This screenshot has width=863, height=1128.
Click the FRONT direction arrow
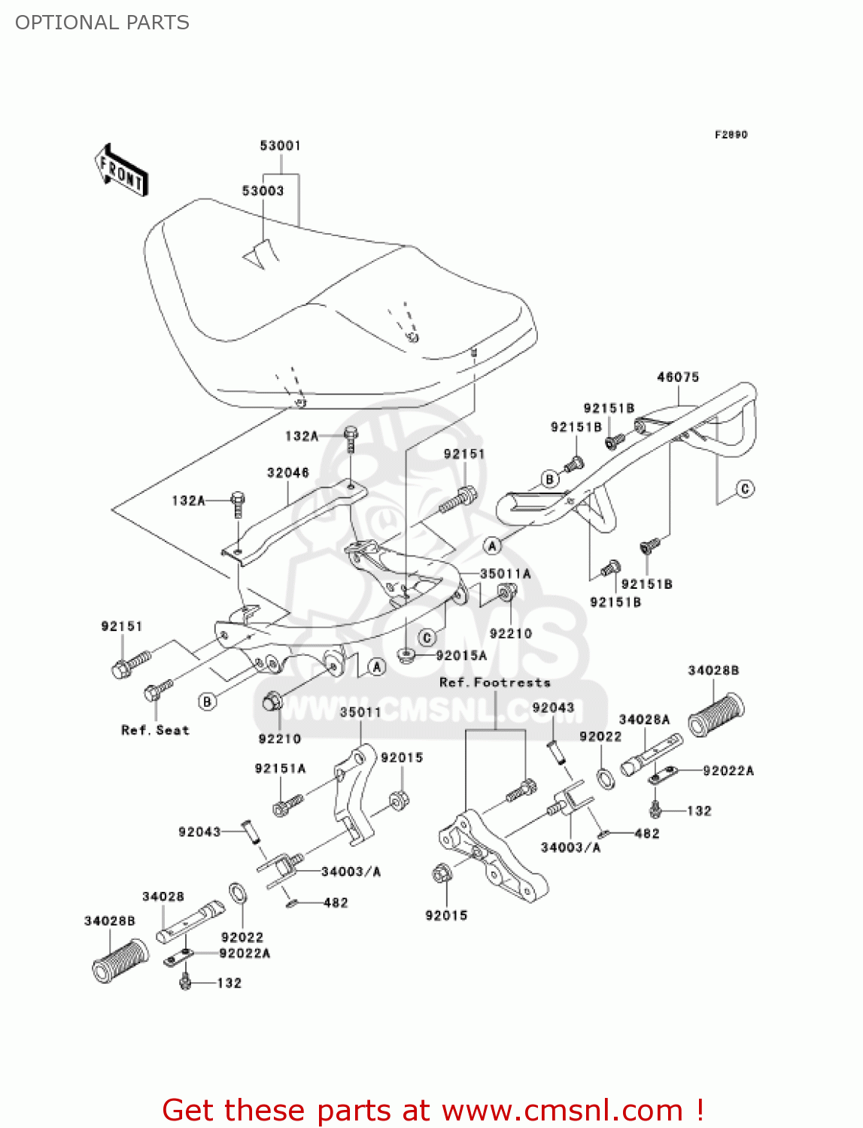click(120, 171)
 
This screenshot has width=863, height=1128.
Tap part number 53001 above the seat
click(280, 146)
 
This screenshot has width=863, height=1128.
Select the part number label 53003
click(263, 191)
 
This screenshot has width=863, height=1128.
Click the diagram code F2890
click(731, 135)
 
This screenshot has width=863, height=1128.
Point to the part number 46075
click(678, 377)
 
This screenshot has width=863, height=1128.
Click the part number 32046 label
click(287, 473)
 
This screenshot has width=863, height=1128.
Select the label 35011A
click(505, 574)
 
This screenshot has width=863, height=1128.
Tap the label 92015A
click(461, 656)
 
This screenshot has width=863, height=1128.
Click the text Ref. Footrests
click(494, 683)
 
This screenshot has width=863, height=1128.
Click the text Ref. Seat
click(155, 730)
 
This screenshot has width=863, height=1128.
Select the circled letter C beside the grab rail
click(744, 489)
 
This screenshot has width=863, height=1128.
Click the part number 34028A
click(644, 720)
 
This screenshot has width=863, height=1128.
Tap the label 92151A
click(280, 769)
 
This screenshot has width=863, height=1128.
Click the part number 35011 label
click(360, 712)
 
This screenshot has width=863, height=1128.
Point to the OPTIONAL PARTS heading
click(102, 23)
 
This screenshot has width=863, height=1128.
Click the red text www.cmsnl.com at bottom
click(562, 1110)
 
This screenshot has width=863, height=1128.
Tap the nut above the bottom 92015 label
click(442, 874)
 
